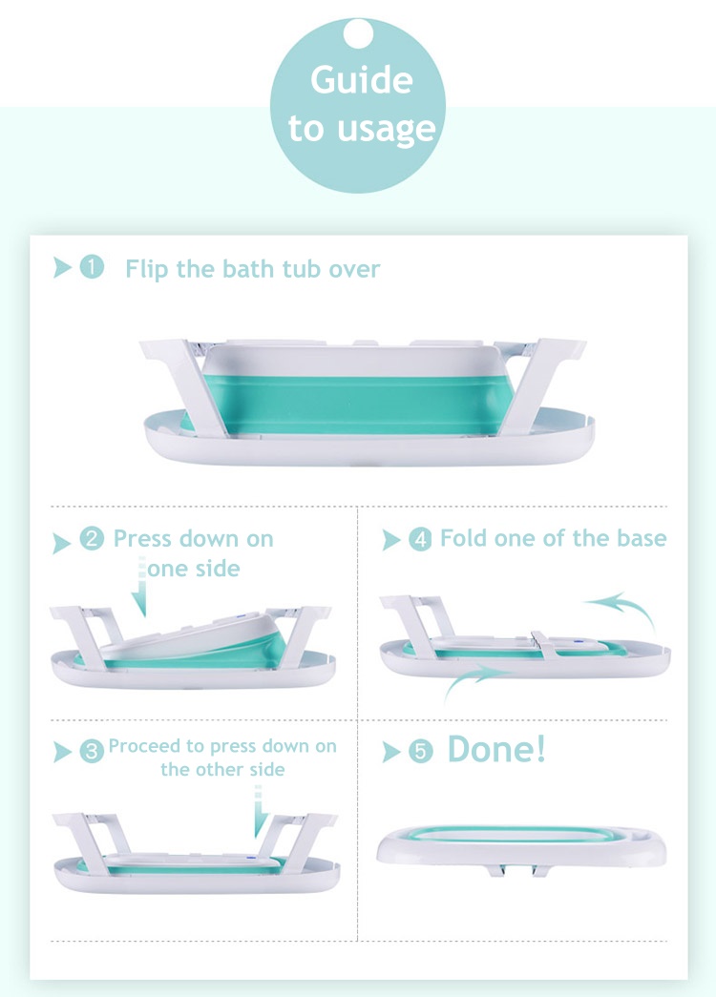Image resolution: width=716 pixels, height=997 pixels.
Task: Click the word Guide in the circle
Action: pyautogui.click(x=362, y=80)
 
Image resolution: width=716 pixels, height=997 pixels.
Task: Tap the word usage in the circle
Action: pyautogui.click(x=387, y=130)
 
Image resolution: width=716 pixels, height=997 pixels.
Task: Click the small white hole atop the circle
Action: pyautogui.click(x=358, y=33)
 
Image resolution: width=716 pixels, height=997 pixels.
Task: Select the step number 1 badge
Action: pyautogui.click(x=92, y=267)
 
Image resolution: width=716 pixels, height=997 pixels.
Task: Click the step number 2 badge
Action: pyautogui.click(x=92, y=538)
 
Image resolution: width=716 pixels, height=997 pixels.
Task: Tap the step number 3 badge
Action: pyautogui.click(x=92, y=752)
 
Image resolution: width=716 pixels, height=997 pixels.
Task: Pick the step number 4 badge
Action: pyautogui.click(x=420, y=539)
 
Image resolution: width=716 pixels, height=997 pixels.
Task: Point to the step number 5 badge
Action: pyautogui.click(x=420, y=752)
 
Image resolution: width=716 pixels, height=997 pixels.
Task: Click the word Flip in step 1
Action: pyautogui.click(x=147, y=269)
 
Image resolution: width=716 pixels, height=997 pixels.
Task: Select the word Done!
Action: pyautogui.click(x=496, y=749)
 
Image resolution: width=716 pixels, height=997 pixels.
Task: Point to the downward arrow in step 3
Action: pyautogui.click(x=259, y=813)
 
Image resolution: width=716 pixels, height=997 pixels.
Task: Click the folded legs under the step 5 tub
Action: pyautogui.click(x=518, y=869)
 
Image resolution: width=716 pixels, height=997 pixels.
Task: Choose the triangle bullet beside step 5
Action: pyautogui.click(x=390, y=752)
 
